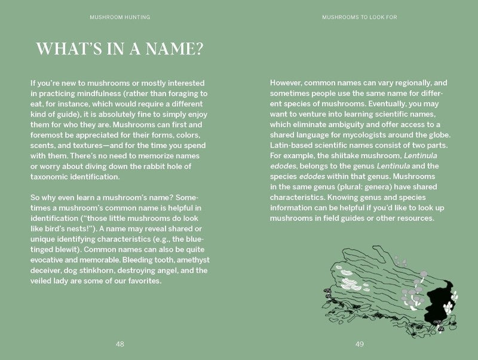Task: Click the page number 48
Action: [x=120, y=344]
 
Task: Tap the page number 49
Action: [x=360, y=344]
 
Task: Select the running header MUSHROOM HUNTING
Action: [x=120, y=17]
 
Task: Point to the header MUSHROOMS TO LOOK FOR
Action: [x=360, y=17]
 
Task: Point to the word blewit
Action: [x=65, y=250]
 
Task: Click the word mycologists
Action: [x=355, y=135]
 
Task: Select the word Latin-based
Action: [x=293, y=146]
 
